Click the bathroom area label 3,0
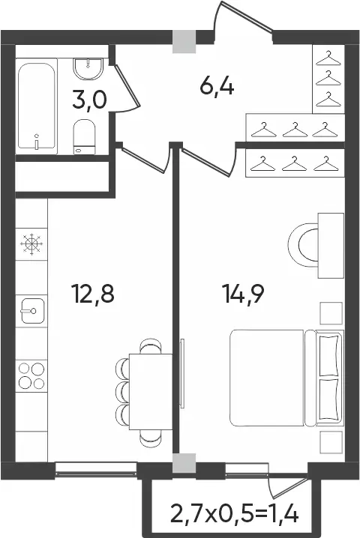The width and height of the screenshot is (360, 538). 90,100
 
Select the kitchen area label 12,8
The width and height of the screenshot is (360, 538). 93,294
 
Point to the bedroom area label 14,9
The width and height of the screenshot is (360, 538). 243,294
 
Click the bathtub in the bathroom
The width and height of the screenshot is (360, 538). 36,106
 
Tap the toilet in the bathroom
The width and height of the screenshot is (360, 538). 84,136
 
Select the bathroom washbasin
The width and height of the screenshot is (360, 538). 88,69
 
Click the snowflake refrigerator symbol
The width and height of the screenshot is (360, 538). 31,244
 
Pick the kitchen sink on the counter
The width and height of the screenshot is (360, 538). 33,311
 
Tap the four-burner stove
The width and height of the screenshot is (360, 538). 31,375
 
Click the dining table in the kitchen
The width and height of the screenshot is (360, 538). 151,391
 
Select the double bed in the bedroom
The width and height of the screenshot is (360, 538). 286,378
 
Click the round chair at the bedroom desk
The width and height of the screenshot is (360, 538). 303,245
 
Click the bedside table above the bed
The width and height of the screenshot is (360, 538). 331,313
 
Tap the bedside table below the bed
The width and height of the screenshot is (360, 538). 331,442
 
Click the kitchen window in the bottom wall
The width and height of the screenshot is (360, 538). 96,469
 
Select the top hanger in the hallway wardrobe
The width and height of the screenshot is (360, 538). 328,58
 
